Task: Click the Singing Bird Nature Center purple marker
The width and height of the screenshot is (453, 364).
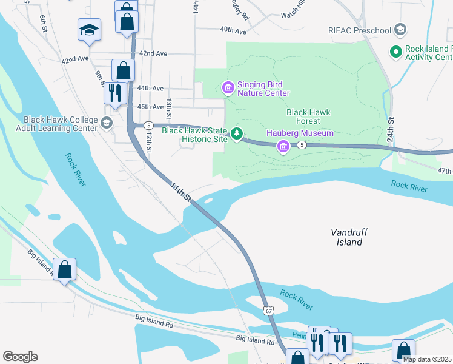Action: pyautogui.click(x=228, y=89)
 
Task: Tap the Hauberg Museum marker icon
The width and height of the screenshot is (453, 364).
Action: pyautogui.click(x=283, y=146)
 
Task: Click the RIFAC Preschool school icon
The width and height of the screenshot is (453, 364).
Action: pyautogui.click(x=400, y=29)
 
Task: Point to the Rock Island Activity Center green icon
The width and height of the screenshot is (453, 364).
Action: pyautogui.click(x=396, y=52)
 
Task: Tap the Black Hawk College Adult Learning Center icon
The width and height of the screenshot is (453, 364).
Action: pyautogui.click(x=107, y=124)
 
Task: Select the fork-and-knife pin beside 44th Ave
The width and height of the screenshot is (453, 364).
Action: pyautogui.click(x=114, y=93)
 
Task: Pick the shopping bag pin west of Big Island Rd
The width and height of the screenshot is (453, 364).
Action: pyautogui.click(x=64, y=269)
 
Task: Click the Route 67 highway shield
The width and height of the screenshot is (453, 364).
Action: pyautogui.click(x=268, y=310)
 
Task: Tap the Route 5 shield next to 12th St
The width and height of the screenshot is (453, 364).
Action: pyautogui.click(x=148, y=125)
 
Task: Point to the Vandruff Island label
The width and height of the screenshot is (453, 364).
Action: pyautogui.click(x=349, y=237)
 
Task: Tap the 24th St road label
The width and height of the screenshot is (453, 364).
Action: pyautogui.click(x=391, y=129)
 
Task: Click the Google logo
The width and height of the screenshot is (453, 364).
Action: pyautogui.click(x=20, y=357)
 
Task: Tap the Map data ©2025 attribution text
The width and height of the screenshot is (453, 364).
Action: pyautogui.click(x=426, y=359)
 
